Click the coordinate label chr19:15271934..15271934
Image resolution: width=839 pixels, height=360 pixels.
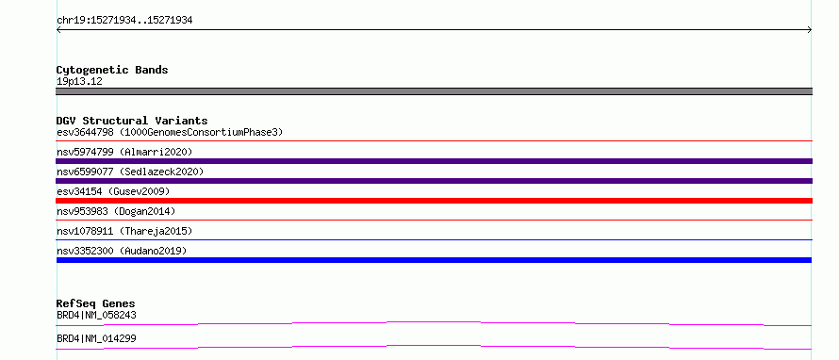click(124, 21)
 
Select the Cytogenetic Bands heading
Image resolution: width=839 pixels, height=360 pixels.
click(112, 70)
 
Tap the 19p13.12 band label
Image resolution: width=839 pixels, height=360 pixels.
click(79, 82)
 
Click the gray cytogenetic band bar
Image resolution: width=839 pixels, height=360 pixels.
click(434, 91)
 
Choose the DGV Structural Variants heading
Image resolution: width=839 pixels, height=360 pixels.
click(132, 121)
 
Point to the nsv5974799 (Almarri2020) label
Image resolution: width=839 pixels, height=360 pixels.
click(124, 152)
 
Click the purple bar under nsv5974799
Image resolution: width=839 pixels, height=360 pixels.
click(434, 161)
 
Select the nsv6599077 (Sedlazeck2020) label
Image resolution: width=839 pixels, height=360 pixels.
click(130, 172)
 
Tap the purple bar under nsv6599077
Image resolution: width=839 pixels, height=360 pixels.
click(434, 181)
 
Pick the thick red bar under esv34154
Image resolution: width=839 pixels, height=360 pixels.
click(434, 201)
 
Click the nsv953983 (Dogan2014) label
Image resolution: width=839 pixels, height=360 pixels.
click(116, 211)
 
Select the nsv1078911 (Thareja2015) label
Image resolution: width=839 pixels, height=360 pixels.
click(124, 231)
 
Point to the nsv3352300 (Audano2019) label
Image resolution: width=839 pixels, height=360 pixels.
click(122, 251)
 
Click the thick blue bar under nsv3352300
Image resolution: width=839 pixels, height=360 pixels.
click(434, 260)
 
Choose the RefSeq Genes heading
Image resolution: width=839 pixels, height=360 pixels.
click(96, 303)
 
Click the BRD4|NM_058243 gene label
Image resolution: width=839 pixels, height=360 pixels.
click(96, 315)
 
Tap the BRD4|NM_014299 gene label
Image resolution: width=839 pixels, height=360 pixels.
click(96, 338)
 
